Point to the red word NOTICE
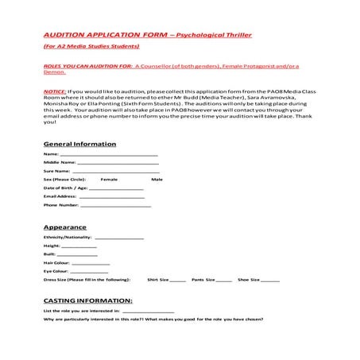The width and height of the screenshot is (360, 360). [55, 91]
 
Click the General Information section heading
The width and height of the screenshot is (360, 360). [79, 144]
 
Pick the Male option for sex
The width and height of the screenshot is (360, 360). [157, 180]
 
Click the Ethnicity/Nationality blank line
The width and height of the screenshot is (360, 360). [119, 238]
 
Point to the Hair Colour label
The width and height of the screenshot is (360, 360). [56, 262]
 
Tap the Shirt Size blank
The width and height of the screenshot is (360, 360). [178, 281]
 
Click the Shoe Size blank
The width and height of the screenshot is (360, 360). [270, 281]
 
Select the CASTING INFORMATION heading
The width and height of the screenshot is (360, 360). [87, 301]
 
